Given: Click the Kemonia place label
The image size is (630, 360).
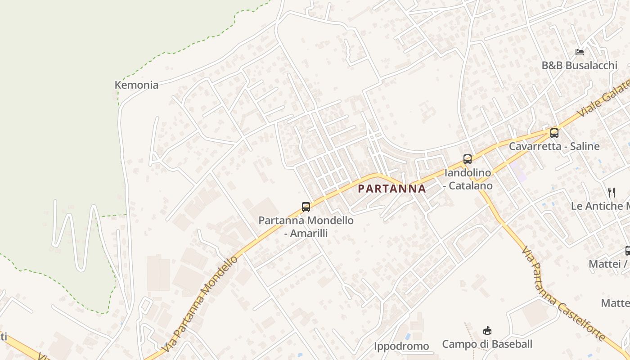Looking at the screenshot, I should pyautogui.click(x=136, y=85).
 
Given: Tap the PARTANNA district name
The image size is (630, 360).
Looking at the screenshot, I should pyautogui.click(x=391, y=189).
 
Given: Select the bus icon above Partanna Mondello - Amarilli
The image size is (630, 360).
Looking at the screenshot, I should pyautogui.click(x=306, y=207).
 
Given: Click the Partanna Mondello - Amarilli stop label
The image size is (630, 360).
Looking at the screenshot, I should pyautogui.click(x=306, y=227).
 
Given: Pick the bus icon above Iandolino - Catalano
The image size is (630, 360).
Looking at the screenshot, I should pyautogui.click(x=468, y=159).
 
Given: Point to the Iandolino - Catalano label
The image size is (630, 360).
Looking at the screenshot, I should pyautogui.click(x=468, y=179).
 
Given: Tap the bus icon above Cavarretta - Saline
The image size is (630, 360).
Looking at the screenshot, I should pyautogui.click(x=554, y=133).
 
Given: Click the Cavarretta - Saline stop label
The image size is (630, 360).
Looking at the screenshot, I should pyautogui.click(x=554, y=146).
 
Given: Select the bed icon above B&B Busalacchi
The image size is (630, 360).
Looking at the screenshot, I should pyautogui.click(x=580, y=52).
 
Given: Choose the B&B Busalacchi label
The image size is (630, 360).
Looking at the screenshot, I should pyautogui.click(x=579, y=65).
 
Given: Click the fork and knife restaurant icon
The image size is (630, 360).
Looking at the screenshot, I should pyautogui.click(x=612, y=193).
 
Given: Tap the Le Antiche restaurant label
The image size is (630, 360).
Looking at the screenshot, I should pyautogui.click(x=600, y=206).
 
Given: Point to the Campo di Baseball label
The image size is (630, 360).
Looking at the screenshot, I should pyautogui.click(x=487, y=344).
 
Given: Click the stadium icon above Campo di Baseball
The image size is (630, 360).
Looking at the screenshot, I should pyautogui.click(x=487, y=331).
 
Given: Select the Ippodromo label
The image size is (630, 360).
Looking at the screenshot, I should pyautogui.click(x=401, y=346).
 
